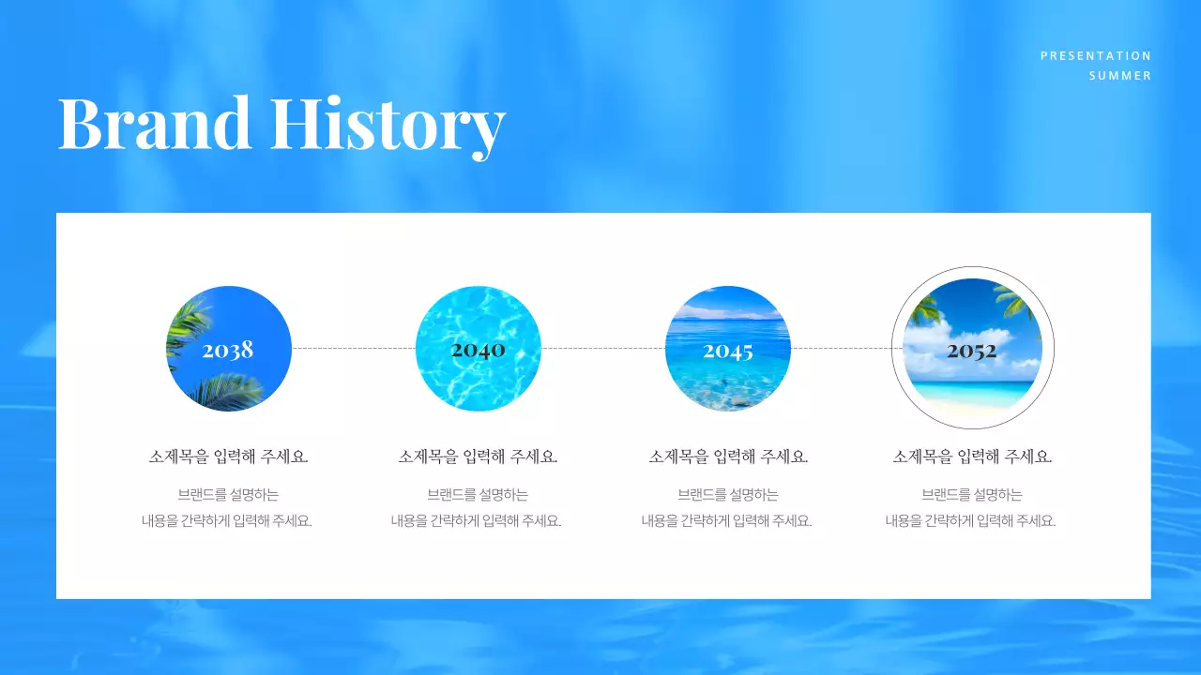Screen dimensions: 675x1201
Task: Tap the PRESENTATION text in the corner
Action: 1095,56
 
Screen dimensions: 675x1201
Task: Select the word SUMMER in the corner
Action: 1119,76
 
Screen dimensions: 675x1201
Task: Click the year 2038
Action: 228,351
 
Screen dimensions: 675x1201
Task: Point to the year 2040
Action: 478,350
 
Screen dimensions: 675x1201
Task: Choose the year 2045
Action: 728,352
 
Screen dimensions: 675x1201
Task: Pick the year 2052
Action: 971,351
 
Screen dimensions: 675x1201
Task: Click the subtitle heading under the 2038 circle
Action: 228,457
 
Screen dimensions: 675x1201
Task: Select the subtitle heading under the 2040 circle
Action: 478,457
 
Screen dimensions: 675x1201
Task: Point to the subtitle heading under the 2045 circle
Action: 728,457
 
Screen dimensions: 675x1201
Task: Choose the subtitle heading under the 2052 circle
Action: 972,457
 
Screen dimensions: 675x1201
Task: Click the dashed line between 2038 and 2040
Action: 354,348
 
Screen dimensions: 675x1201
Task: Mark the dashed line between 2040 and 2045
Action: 603,348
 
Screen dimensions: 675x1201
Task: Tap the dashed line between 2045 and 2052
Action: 841,348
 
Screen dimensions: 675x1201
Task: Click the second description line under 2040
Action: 477,521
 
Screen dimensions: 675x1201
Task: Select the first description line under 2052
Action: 972,495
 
